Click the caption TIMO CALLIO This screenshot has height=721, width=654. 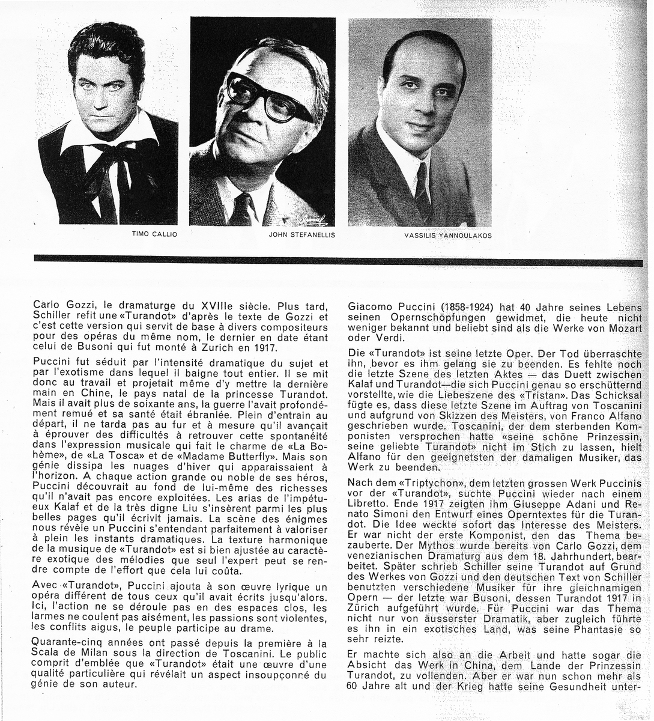(x=154, y=234)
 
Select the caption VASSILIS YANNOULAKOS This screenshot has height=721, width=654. (x=448, y=236)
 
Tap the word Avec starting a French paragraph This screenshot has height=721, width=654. (x=45, y=586)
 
